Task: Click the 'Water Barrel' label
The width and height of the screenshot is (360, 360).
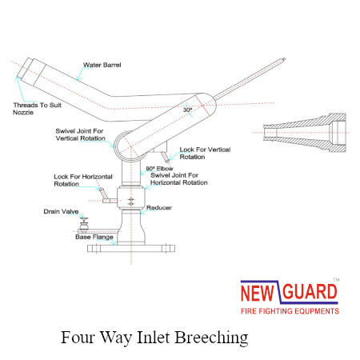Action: [x=102, y=65]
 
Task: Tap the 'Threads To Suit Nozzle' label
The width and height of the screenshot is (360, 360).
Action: [x=37, y=109]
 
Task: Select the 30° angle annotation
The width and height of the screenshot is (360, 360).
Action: [x=187, y=110]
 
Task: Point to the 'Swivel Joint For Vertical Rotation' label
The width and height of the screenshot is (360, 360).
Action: [x=80, y=134]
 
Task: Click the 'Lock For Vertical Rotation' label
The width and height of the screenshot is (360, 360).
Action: [x=205, y=153]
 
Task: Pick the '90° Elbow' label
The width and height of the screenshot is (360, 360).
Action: [x=159, y=169]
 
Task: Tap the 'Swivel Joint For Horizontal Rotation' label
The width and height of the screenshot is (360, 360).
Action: [x=179, y=179]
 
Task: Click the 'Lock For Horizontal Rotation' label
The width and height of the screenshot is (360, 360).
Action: [x=83, y=180]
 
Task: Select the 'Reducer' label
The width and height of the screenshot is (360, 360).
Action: [x=159, y=207]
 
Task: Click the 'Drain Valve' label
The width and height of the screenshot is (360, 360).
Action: [x=61, y=211]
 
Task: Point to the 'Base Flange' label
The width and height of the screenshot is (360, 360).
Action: [x=94, y=237]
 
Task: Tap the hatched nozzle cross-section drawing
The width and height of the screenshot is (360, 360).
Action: [x=305, y=133]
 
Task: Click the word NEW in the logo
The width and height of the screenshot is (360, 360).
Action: [x=258, y=293]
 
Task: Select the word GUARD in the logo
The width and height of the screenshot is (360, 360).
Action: [x=310, y=292]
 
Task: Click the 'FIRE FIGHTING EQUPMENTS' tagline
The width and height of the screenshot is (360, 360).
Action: [x=290, y=311]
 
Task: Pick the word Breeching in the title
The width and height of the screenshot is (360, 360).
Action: [x=211, y=338]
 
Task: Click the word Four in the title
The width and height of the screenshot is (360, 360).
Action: [x=78, y=337]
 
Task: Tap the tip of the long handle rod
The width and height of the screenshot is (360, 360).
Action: [x=284, y=59]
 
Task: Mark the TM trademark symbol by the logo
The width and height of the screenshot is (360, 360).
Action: [x=336, y=279]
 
